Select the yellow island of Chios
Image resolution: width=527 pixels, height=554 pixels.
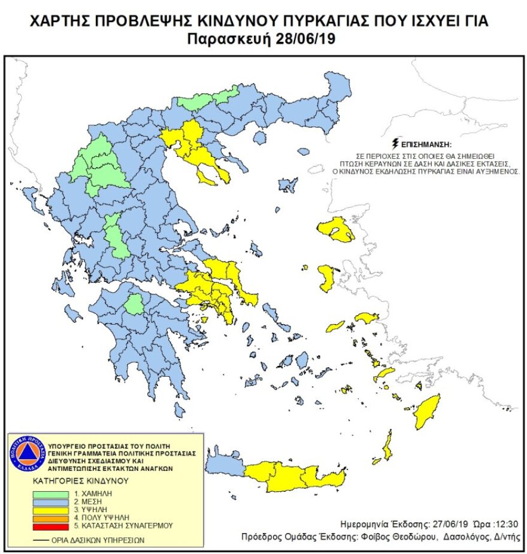[x=326, y=278]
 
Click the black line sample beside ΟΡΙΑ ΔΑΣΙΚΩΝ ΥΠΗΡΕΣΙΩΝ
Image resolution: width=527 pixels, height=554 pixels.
[x=41, y=539]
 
